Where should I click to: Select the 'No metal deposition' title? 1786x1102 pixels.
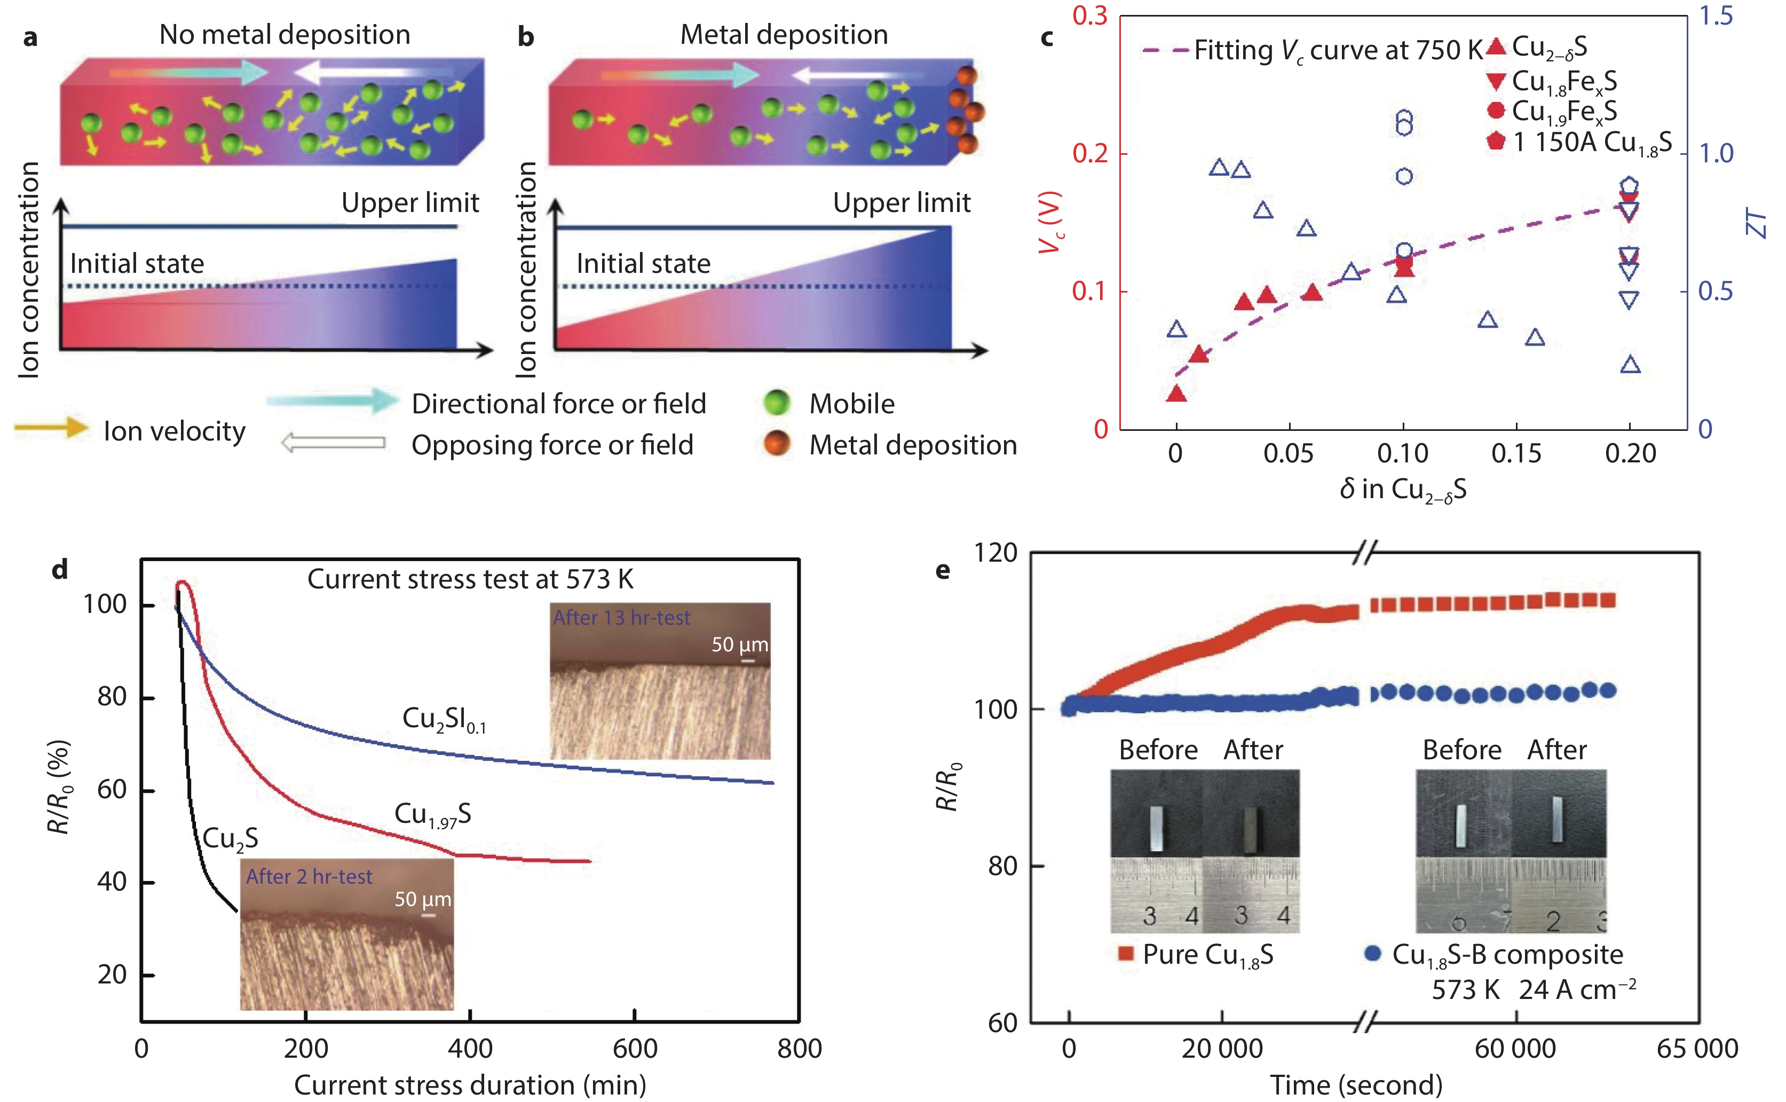tap(285, 34)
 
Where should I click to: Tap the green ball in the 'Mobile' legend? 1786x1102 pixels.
tap(777, 403)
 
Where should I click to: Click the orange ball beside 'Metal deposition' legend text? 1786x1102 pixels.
tap(777, 443)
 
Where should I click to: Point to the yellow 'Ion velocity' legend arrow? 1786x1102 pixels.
tap(51, 428)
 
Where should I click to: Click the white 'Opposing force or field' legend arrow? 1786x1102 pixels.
tap(333, 443)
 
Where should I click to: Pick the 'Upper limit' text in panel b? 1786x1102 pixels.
tap(902, 202)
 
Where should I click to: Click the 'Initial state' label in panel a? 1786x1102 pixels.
tap(137, 263)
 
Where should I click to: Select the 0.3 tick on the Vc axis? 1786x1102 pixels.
tap(1089, 16)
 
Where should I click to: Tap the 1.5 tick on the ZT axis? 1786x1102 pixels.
tap(1716, 16)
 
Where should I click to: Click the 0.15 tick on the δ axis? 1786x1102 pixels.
tap(1516, 453)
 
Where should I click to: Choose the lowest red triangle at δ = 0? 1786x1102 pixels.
tap(1176, 395)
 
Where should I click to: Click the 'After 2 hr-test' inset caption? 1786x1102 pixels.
tap(309, 876)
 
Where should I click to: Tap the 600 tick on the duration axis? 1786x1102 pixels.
tap(635, 1048)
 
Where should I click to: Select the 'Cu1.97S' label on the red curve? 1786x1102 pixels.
tap(433, 814)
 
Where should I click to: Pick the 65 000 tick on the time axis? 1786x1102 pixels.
tap(1697, 1048)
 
